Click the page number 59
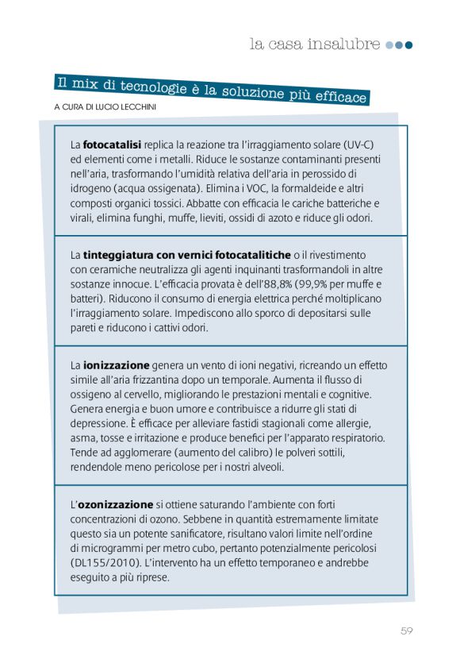coord(406,631)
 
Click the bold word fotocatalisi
coord(112,145)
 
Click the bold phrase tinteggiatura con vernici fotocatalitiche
coord(186,255)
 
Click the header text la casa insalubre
coord(315,44)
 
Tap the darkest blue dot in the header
coord(409,45)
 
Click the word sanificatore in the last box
coord(184,534)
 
